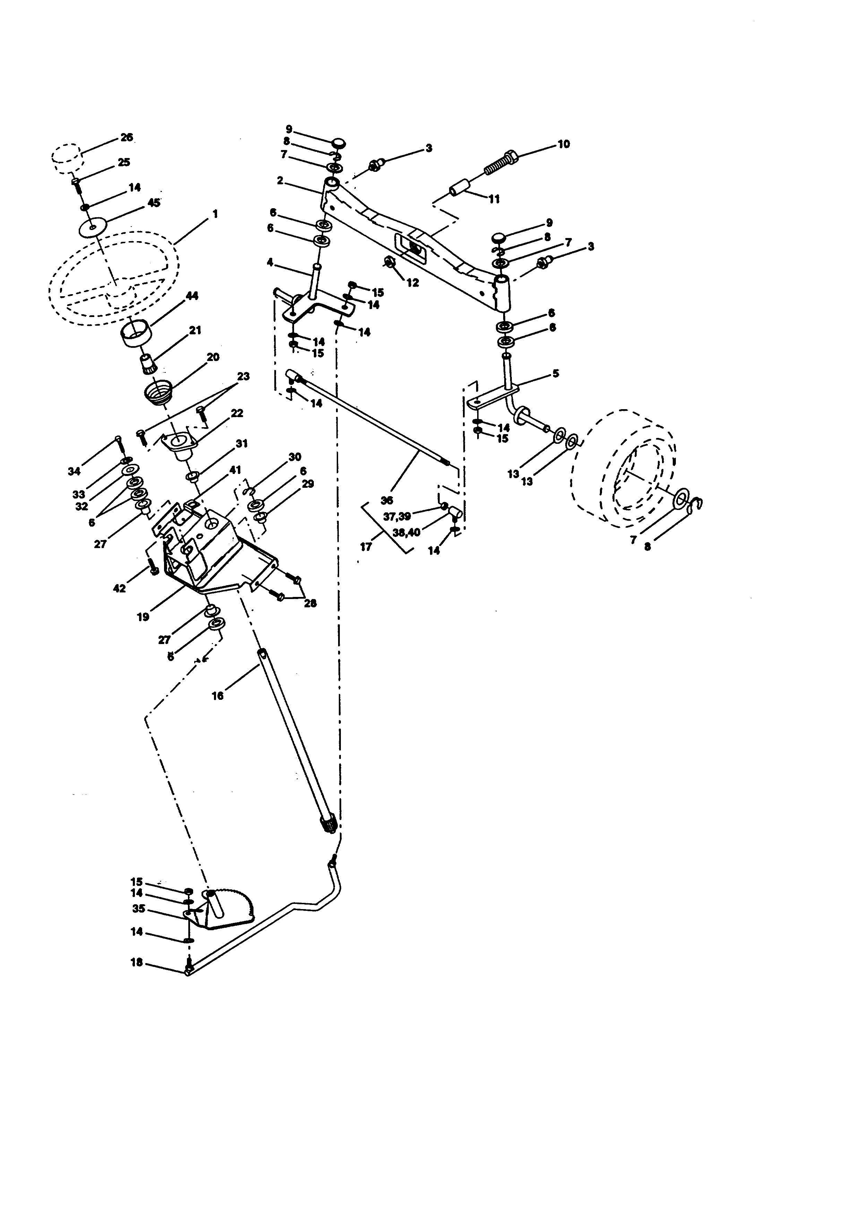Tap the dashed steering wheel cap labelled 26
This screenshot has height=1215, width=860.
(x=67, y=157)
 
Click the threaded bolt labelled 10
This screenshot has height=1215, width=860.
(x=500, y=162)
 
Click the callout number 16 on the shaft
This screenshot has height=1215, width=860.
(x=218, y=696)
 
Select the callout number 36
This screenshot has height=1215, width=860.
(x=387, y=500)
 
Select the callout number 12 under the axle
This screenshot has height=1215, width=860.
(x=413, y=283)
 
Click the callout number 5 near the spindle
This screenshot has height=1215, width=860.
(x=556, y=373)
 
